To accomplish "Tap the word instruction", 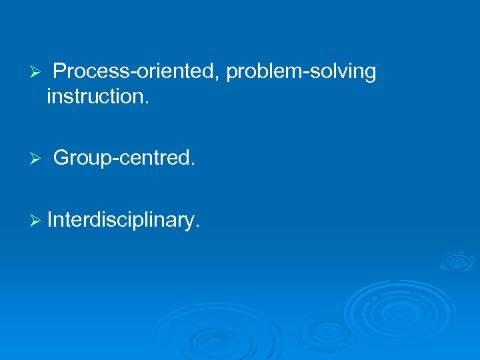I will [96, 97].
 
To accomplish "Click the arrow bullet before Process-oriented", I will [37, 72].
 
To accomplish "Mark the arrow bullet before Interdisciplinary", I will [37, 219].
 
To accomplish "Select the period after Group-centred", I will [193, 164].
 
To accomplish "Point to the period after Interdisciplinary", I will [197, 225].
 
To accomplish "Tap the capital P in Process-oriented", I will [59, 71].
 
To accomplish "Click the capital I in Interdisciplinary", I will [50, 219].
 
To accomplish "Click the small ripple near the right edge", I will [457, 261].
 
